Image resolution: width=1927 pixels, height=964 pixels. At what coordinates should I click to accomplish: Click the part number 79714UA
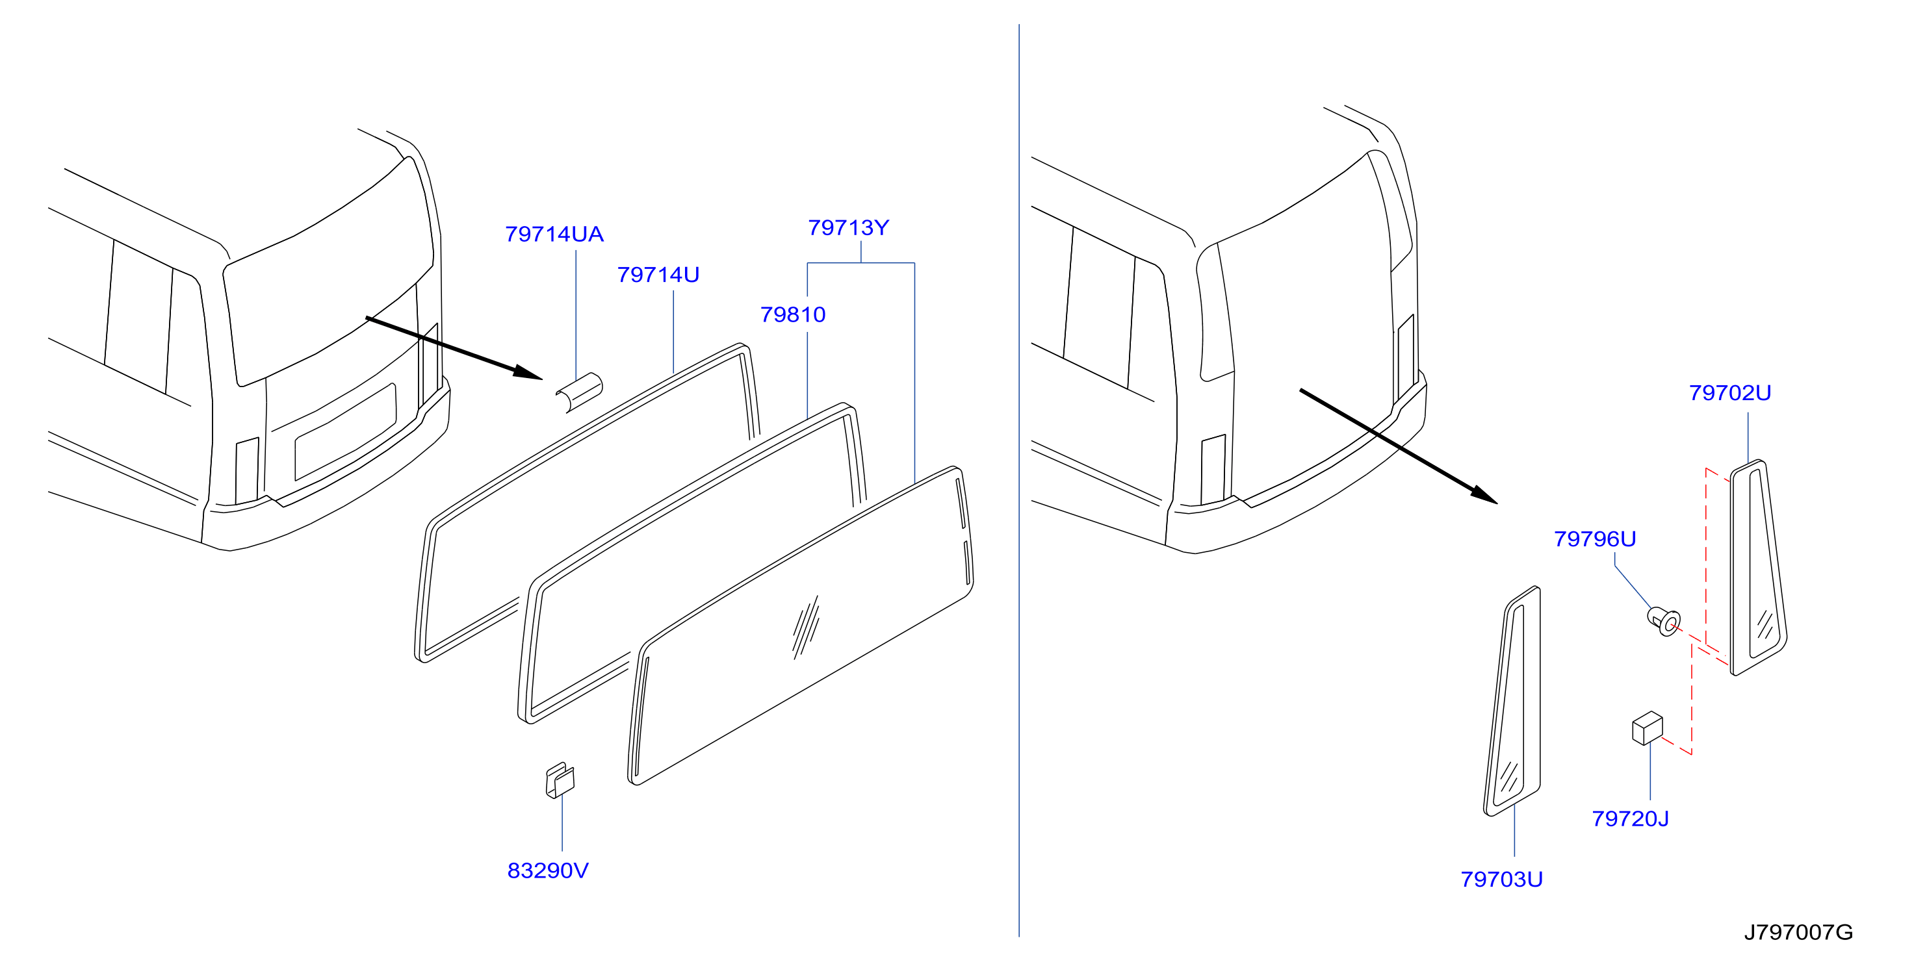[x=554, y=234]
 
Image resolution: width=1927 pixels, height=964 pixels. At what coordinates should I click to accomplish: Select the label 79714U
[x=658, y=275]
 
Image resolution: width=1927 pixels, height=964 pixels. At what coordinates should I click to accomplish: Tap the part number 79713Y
[x=848, y=227]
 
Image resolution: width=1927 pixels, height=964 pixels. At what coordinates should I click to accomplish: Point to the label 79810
[x=793, y=314]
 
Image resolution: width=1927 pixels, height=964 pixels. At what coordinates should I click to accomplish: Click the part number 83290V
[x=549, y=870]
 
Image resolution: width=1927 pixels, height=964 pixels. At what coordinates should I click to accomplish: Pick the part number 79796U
[x=1595, y=539]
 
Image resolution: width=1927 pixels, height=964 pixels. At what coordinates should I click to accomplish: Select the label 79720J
[x=1630, y=818]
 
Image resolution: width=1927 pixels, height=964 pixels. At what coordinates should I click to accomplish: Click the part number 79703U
[x=1501, y=879]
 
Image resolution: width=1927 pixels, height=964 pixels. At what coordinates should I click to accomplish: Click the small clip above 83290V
[x=560, y=781]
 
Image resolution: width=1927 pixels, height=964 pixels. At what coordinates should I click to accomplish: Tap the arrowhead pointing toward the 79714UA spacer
[x=528, y=372]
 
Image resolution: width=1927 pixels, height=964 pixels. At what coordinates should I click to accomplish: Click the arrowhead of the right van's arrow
[x=1484, y=495]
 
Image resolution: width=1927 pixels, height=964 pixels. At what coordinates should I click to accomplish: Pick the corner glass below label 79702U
[x=1758, y=567]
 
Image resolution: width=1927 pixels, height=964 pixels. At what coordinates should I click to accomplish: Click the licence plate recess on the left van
[x=346, y=431]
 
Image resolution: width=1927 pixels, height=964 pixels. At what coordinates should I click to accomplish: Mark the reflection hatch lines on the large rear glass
[x=806, y=627]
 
